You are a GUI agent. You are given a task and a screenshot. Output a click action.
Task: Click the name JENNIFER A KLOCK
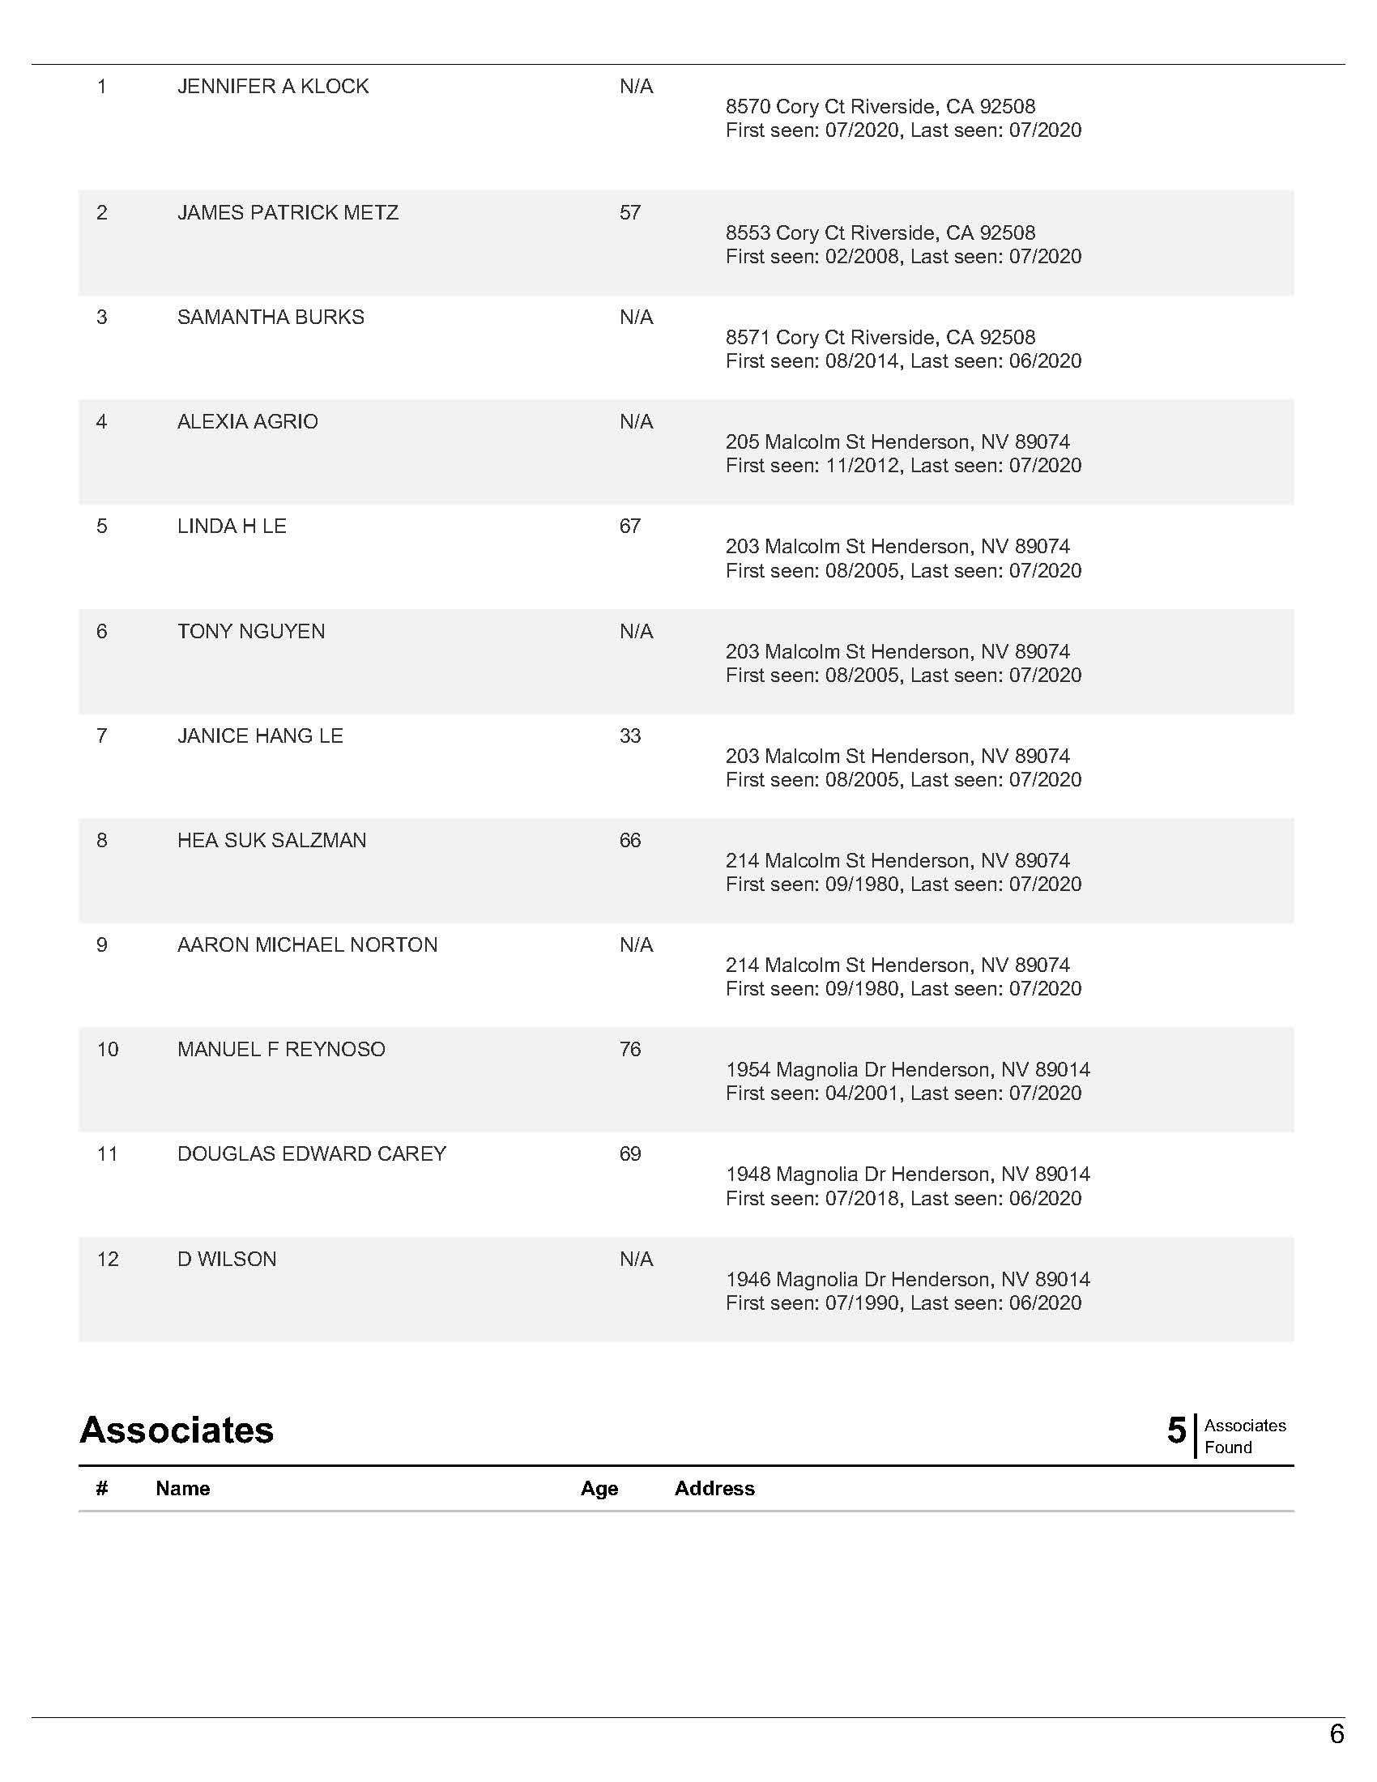[x=272, y=87]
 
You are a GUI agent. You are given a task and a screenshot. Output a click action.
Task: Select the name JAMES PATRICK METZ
[x=288, y=213]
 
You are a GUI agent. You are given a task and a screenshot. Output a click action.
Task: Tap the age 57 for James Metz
[x=629, y=213]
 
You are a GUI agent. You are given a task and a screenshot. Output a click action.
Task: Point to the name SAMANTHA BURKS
[x=270, y=318]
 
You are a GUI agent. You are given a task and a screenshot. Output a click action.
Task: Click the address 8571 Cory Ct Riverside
[x=880, y=338]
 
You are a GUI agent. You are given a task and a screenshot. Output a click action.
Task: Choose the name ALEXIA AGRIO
[x=247, y=422]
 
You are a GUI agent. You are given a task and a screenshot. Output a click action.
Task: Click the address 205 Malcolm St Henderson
[x=897, y=442]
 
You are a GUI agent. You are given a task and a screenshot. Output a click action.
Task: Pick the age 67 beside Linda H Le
[x=629, y=526]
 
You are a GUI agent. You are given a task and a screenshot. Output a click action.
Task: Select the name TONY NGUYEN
[x=250, y=632]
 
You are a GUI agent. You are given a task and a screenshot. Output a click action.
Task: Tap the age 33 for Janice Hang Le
[x=629, y=736]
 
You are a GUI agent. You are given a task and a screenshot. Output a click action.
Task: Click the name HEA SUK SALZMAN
[x=271, y=841]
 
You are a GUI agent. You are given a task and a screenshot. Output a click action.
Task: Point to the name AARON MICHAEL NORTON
[x=307, y=944]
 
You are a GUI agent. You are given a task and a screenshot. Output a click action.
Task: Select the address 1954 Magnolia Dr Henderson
[x=907, y=1070]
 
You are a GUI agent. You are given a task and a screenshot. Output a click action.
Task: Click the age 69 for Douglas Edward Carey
[x=629, y=1154]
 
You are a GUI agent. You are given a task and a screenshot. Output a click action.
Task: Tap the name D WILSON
[x=227, y=1260]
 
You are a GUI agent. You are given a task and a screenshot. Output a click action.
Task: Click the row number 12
[x=108, y=1260]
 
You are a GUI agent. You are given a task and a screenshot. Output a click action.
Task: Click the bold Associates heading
[x=177, y=1430]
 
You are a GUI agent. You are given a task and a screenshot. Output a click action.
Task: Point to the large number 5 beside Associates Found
[x=1175, y=1430]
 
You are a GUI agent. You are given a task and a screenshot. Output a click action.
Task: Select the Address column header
[x=714, y=1489]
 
